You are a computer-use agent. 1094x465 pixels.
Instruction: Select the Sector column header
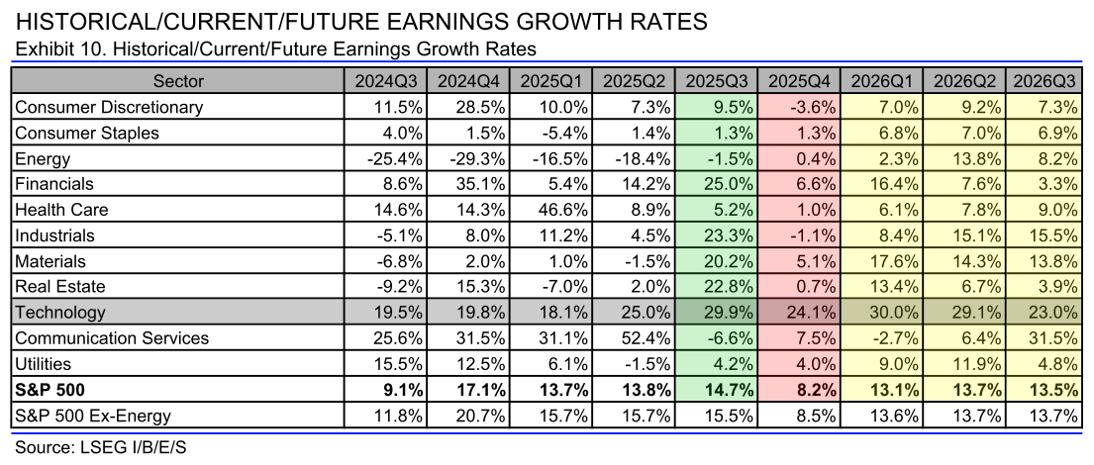(177, 81)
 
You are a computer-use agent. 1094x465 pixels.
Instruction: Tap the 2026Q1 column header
(881, 81)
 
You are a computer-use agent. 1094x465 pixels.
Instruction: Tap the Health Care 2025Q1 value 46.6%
(559, 210)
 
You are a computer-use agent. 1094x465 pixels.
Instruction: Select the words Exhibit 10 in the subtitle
(50, 48)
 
